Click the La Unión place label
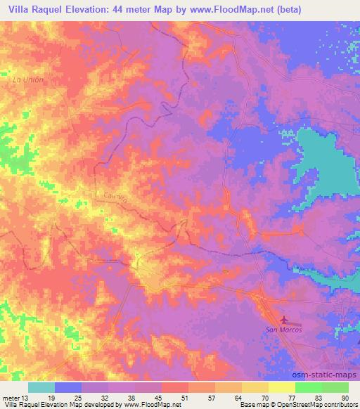(28, 79)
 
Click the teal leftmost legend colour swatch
(41, 387)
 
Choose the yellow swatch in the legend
(281, 387)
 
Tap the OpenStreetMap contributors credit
(328, 404)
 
